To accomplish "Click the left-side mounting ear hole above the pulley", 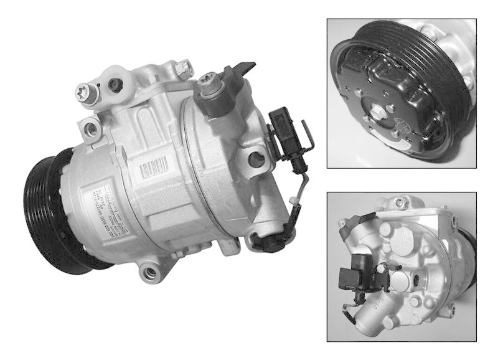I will pos(92,129).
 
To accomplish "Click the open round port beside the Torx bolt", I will pos(115,83).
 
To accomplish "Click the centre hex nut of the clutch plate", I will pos(380,114).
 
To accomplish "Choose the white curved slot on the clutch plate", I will pos(367,75).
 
